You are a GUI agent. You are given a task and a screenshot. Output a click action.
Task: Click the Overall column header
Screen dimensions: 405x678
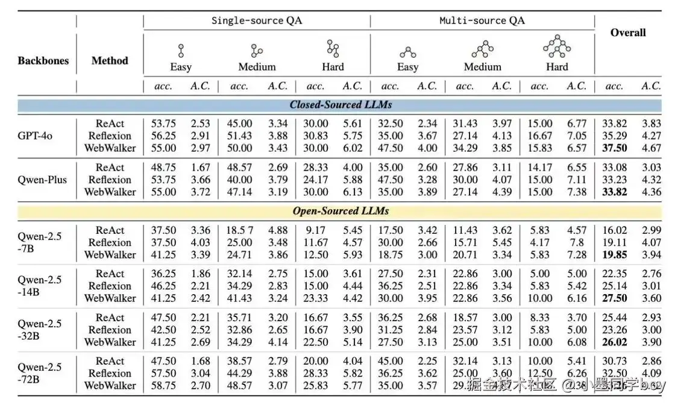click(x=628, y=33)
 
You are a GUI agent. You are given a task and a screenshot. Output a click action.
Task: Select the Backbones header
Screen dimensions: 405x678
click(x=43, y=60)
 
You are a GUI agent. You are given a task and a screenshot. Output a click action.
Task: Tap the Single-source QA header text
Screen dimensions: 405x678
click(x=256, y=20)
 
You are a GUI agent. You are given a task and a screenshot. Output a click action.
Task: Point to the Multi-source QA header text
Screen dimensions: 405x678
click(x=482, y=20)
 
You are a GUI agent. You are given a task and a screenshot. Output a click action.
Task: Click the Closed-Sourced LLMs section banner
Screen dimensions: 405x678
click(x=341, y=105)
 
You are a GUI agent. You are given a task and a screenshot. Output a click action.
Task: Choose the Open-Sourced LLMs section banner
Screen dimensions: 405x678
click(x=341, y=211)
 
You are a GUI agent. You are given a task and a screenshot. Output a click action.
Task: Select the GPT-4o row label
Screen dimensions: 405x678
click(x=35, y=136)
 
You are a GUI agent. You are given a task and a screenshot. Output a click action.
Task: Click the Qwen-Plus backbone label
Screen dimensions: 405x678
click(x=42, y=180)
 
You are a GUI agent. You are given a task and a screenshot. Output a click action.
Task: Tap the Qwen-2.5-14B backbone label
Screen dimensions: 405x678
click(x=39, y=286)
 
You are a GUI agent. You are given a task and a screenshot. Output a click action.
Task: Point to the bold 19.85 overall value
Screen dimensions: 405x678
click(x=614, y=255)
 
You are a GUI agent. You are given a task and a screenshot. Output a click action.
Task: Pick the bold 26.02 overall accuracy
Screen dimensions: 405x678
click(x=614, y=342)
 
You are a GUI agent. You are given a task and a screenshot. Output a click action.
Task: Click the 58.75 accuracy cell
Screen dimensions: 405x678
click(x=163, y=386)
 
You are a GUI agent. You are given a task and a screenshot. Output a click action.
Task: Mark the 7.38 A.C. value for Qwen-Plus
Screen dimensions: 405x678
click(x=576, y=192)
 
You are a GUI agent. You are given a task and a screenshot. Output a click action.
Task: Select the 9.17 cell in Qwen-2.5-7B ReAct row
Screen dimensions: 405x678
click(x=316, y=230)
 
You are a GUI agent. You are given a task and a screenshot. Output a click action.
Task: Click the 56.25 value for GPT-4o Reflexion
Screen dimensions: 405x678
click(x=163, y=136)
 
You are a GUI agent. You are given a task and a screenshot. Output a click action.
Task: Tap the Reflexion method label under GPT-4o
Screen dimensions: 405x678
click(x=110, y=136)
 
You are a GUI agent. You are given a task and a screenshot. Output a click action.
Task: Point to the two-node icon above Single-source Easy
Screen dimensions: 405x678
click(x=180, y=50)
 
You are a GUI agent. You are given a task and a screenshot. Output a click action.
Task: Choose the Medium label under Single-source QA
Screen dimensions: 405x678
click(x=257, y=67)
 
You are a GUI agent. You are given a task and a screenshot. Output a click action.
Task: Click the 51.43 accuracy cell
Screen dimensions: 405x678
click(x=239, y=136)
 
